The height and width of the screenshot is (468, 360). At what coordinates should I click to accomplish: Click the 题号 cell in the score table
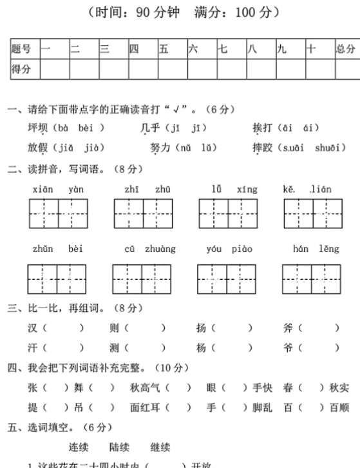[22, 49]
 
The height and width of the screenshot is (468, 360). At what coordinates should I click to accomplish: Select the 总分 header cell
[345, 49]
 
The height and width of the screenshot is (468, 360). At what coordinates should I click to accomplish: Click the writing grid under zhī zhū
[143, 213]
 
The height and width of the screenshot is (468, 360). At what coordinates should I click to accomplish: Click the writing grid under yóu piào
[228, 280]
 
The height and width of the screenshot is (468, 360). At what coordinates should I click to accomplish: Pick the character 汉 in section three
[33, 328]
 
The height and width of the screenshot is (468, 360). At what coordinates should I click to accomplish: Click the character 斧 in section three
[288, 328]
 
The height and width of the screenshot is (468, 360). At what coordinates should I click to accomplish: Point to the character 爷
[288, 348]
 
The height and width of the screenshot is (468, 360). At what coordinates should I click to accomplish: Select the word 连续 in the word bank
[79, 447]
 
